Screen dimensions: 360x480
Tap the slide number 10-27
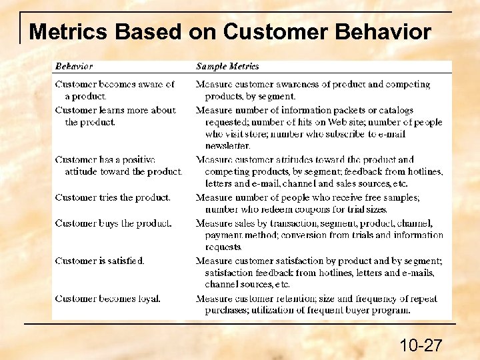(x=421, y=345)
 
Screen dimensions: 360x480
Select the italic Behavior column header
(x=74, y=66)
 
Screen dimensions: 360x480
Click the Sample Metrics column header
(x=227, y=66)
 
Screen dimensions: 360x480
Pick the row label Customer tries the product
(x=113, y=197)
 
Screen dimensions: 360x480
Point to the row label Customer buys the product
(x=113, y=223)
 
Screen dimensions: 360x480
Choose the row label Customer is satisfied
(x=100, y=261)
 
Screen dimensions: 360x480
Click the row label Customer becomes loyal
(x=108, y=299)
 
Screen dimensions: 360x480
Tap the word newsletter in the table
(x=228, y=145)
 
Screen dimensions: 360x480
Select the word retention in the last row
(x=299, y=299)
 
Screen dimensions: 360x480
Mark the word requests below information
(x=223, y=247)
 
